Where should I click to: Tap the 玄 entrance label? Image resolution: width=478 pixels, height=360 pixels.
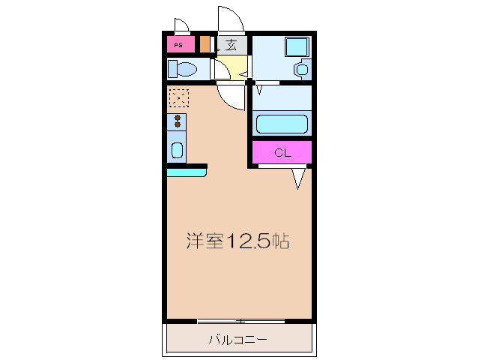232,43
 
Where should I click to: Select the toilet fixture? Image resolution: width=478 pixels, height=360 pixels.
184,70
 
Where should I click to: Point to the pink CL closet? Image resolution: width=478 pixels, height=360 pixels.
282,153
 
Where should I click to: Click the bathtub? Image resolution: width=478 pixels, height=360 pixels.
282,123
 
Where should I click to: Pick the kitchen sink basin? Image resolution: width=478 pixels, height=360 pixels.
177,149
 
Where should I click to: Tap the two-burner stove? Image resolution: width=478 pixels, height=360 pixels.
178,121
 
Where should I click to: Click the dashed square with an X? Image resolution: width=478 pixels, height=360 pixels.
178,97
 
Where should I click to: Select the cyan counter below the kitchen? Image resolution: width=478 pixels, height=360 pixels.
186,172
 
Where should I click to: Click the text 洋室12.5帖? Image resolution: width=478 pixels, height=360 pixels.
238,241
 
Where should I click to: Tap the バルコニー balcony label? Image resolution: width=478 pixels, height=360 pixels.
238,340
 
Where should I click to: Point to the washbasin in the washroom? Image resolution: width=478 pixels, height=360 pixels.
301,69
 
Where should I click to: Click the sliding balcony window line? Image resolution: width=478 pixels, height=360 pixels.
240,321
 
